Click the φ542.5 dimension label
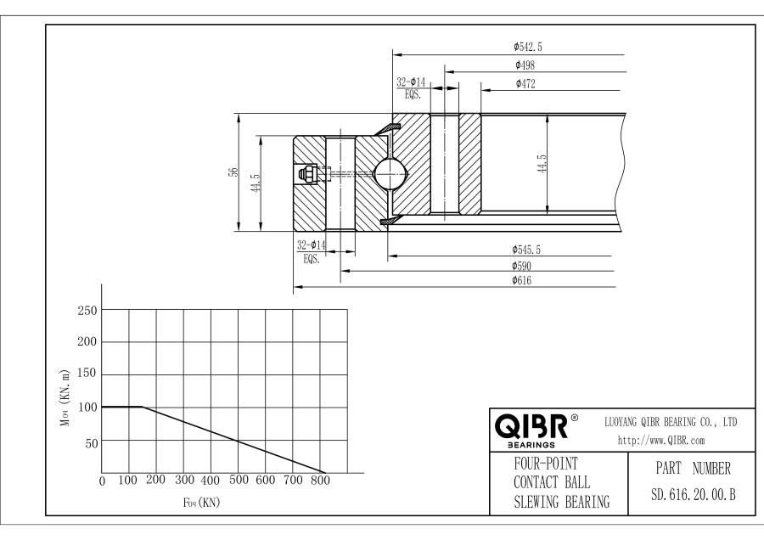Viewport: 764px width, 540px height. pyautogui.click(x=528, y=47)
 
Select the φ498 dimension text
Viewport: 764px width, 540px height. pyautogui.click(x=524, y=65)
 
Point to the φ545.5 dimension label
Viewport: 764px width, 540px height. pyautogui.click(x=526, y=249)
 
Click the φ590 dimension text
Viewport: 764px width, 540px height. pyautogui.click(x=522, y=266)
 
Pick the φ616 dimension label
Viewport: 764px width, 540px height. pyautogui.click(x=522, y=281)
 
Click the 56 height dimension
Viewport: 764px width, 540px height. pyautogui.click(x=232, y=172)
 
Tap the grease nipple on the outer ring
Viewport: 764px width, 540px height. pyautogui.click(x=306, y=175)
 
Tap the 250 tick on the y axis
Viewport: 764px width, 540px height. pyautogui.click(x=86, y=310)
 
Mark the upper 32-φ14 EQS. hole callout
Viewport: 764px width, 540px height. pyautogui.click(x=413, y=88)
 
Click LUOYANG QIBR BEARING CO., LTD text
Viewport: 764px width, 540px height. pyautogui.click(x=670, y=421)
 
